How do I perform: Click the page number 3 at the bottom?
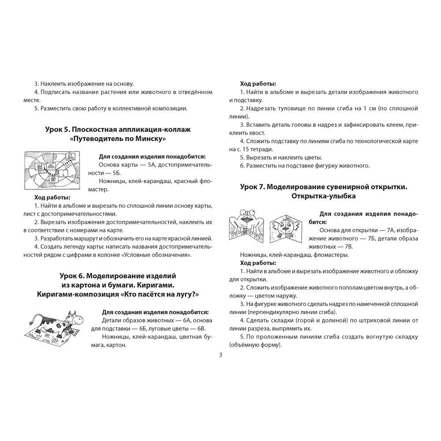point(220,355)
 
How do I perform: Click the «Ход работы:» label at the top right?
point(258,83)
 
